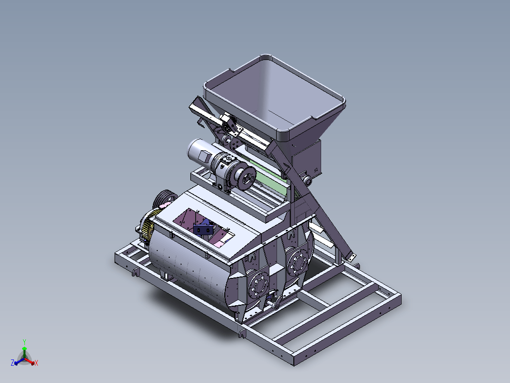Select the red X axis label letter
[36, 363]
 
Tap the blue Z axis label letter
[12, 362]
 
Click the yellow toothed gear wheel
[148, 225]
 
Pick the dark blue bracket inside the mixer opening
[203, 228]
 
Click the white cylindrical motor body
[199, 153]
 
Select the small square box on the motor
[205, 156]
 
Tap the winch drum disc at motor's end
[246, 178]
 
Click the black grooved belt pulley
[164, 198]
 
